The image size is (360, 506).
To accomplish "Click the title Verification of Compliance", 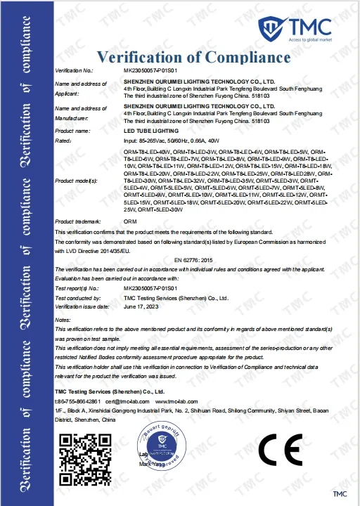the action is point(193,57).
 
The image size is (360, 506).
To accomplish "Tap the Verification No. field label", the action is point(74,71).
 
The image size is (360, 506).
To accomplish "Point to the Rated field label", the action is point(64,141).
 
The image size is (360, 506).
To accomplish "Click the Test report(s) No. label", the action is point(77,289).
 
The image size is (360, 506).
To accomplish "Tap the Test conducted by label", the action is point(76,298).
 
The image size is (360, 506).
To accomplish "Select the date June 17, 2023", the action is point(139,307).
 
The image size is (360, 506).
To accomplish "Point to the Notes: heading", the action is point(63,320).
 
